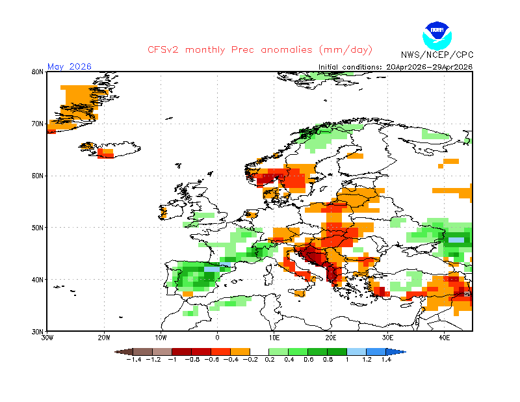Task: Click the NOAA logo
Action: tap(437, 36)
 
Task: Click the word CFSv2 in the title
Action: tap(163, 50)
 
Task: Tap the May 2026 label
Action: tap(70, 66)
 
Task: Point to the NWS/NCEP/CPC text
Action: tap(437, 55)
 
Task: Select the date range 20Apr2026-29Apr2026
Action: tap(429, 67)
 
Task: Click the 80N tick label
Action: tap(38, 72)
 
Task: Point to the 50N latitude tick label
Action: tap(38, 228)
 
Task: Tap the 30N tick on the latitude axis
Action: tap(38, 332)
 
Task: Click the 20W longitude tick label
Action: tap(104, 338)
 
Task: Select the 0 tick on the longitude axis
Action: tap(217, 338)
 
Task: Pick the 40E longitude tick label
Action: tap(444, 338)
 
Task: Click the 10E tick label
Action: tap(274, 338)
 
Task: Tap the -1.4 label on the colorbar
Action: tap(134, 360)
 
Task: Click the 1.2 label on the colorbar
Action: tap(367, 360)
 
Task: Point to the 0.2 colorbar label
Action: tap(270, 360)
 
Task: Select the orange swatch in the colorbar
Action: tap(240, 352)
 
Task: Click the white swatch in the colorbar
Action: tap(259, 352)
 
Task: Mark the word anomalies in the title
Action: tap(287, 50)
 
